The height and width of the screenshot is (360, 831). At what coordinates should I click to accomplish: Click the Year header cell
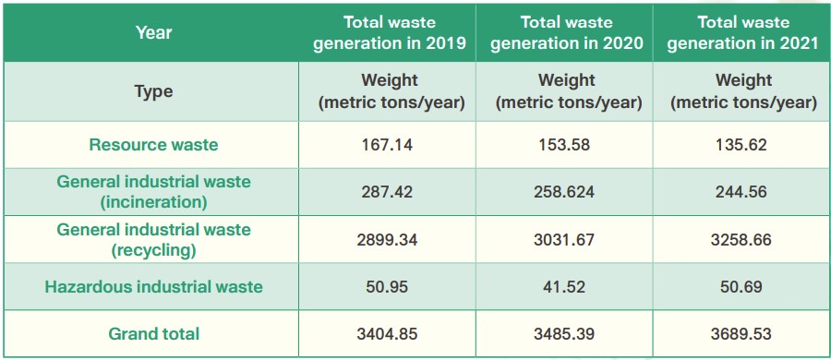[153, 33]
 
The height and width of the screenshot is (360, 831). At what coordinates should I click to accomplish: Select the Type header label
[153, 91]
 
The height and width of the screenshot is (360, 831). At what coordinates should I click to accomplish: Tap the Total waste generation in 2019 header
[390, 33]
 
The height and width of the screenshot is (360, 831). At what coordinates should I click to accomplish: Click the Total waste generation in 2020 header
[567, 33]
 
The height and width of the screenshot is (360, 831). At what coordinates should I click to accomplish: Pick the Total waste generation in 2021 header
[743, 33]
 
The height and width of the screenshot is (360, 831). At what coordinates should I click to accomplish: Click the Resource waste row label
[153, 145]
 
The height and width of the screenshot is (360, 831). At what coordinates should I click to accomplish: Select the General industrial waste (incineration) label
[153, 191]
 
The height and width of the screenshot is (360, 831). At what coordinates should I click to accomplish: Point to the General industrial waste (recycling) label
[153, 239]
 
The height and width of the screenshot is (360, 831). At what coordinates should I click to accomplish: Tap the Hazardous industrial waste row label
[153, 286]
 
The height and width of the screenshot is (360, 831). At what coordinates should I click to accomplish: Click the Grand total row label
[153, 334]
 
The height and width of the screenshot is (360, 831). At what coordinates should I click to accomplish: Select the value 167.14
[391, 145]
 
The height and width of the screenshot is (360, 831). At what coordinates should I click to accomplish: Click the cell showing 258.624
[567, 192]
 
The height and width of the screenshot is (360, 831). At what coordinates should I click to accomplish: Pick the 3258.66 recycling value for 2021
[743, 239]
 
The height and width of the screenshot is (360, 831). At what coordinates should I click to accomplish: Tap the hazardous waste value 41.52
[567, 286]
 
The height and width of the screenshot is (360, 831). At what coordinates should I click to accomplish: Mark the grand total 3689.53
[743, 334]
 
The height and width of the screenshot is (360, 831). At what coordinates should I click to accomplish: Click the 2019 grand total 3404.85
[391, 334]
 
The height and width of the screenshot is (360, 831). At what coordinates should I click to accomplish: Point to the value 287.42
[391, 192]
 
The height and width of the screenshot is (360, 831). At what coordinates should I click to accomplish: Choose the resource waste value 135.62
[743, 145]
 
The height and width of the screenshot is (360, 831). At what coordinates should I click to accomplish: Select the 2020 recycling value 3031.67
[567, 239]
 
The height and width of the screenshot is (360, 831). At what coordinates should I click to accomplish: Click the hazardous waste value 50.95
[391, 286]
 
